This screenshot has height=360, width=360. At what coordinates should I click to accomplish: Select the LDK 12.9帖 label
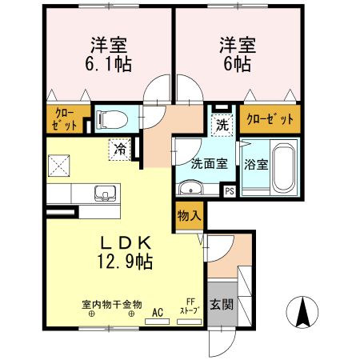pyautogui.click(x=125, y=252)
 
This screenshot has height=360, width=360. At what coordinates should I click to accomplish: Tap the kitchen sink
pyautogui.click(x=105, y=193)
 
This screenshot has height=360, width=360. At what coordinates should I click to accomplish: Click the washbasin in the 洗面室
pyautogui.click(x=190, y=189)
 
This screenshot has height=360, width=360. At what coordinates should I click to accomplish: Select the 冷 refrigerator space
pyautogui.click(x=120, y=148)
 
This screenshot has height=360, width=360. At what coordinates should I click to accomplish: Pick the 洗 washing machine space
pyautogui.click(x=223, y=124)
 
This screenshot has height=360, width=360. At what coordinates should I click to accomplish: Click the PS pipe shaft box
pyautogui.click(x=229, y=191)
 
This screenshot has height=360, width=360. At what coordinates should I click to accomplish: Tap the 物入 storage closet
pyautogui.click(x=189, y=216)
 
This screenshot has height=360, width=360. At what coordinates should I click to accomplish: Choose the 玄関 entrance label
pyautogui.click(x=222, y=305)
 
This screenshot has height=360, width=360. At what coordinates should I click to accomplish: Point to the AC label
pyautogui.click(x=157, y=312)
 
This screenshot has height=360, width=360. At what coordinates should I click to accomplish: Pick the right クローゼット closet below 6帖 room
pyautogui.click(x=270, y=118)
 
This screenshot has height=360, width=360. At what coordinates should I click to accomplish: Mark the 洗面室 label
pyautogui.click(x=210, y=162)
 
